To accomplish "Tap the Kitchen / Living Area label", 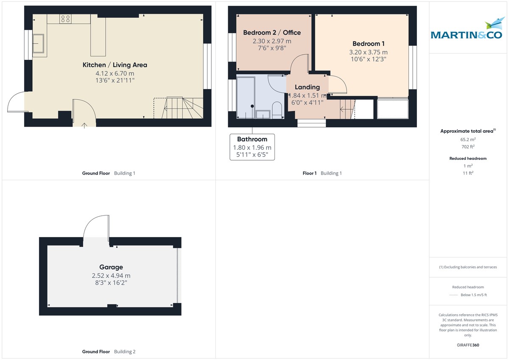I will [115, 65].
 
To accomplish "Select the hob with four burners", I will [66, 18].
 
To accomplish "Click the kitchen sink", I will [39, 43].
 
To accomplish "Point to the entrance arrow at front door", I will [84, 125].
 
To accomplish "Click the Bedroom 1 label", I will [369, 44].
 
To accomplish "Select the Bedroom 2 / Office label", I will [272, 33].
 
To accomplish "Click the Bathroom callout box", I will [252, 147].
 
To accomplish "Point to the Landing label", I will [308, 87].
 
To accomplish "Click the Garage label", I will [111, 267].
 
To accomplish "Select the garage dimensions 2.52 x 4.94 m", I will [111, 276].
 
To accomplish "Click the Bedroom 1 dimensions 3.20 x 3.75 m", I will [368, 52].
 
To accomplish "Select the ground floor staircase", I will [178, 108].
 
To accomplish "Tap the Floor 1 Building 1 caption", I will [322, 173].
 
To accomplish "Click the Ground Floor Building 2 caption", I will [109, 352].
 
